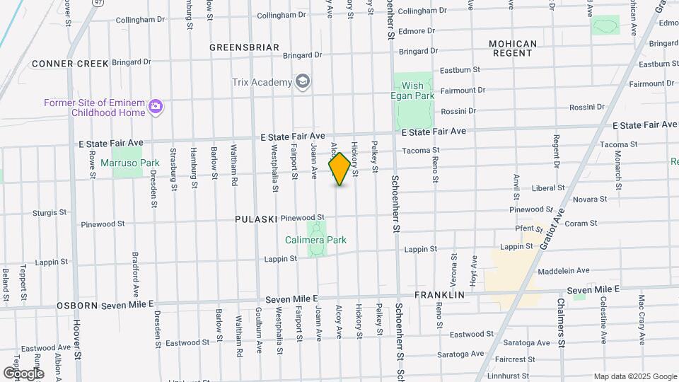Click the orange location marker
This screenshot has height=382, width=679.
[x=339, y=169]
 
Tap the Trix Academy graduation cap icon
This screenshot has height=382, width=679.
[x=303, y=82]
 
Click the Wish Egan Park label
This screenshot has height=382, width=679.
[x=412, y=91]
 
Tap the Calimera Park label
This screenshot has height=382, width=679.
[x=315, y=240]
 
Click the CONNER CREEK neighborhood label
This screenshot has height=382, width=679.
[x=70, y=64]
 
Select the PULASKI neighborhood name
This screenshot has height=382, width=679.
[x=256, y=219]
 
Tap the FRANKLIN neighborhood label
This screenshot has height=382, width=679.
[x=439, y=294]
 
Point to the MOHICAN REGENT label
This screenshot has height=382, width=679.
[x=513, y=48]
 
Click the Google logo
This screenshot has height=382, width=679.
[x=23, y=373]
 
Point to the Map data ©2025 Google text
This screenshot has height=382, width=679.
[x=635, y=376]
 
